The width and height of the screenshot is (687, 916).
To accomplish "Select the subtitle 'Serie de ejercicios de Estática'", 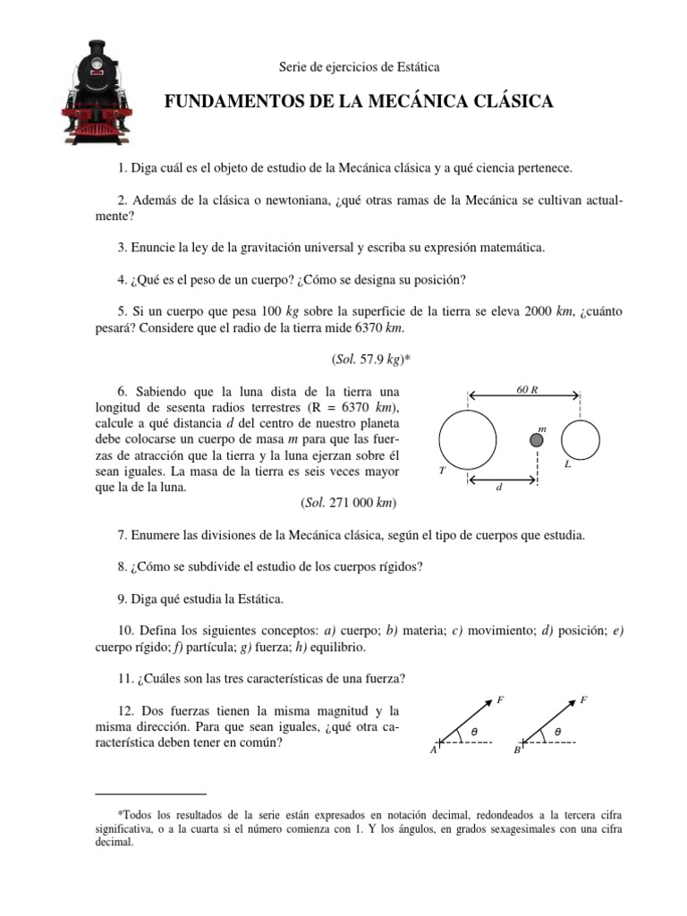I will coord(347,67).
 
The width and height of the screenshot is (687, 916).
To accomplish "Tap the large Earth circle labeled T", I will coord(468,439).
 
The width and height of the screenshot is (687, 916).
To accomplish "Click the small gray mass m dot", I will coord(537,439).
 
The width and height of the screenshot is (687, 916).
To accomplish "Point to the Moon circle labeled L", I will coord(581,439).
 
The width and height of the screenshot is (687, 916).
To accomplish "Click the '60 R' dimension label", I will coord(528,389).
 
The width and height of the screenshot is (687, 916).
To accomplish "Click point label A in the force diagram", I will coord(434,751).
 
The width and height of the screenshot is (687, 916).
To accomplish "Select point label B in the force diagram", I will coord(516,751).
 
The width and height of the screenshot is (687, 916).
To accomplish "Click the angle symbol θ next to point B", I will coord(557,732).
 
